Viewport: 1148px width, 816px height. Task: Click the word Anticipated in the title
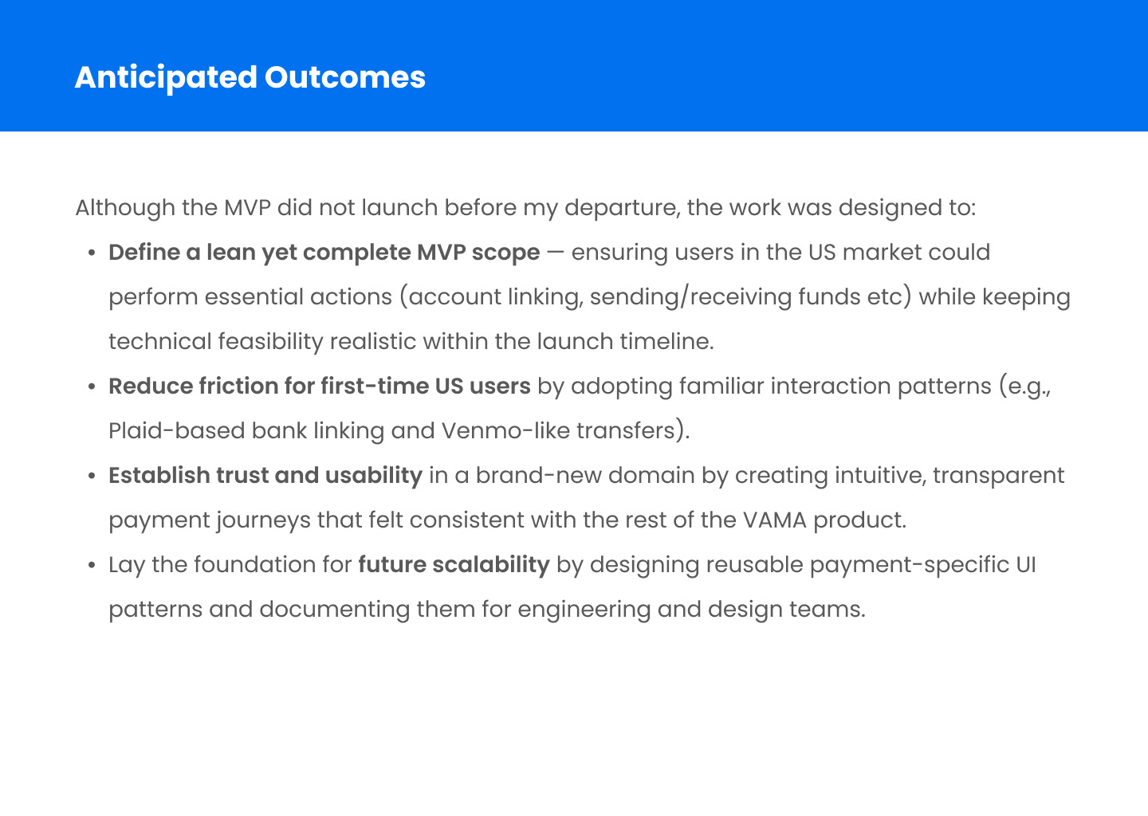(x=166, y=78)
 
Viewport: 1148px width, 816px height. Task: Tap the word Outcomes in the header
(x=345, y=77)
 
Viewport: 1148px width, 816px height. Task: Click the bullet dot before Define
(x=92, y=253)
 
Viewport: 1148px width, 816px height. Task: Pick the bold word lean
(x=230, y=252)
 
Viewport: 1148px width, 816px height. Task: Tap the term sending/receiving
(x=690, y=297)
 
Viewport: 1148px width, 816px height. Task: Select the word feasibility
(x=270, y=341)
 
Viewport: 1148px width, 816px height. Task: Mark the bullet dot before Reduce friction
(x=92, y=386)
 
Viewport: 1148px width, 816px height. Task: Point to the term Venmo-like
(x=505, y=430)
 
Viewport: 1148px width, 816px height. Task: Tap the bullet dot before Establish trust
(x=92, y=476)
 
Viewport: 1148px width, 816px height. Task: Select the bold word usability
(x=374, y=476)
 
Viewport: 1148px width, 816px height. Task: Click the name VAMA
(x=775, y=520)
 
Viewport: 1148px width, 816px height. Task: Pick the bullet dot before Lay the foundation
(x=92, y=565)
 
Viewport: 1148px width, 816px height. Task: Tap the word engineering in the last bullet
(x=584, y=610)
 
